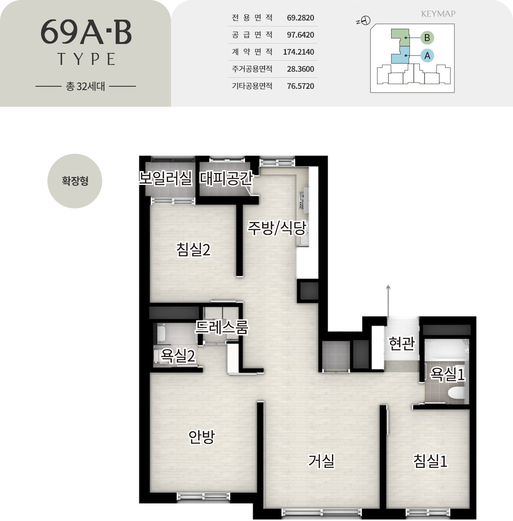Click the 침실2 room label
click(193, 249)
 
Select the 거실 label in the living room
click(321, 461)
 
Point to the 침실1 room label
click(430, 461)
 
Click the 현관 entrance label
click(401, 343)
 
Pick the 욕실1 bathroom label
click(448, 374)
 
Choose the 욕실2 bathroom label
click(178, 356)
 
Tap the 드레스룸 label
click(221, 327)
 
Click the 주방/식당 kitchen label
click(277, 228)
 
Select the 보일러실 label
click(165, 178)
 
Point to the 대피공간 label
click(226, 178)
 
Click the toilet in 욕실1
click(456, 393)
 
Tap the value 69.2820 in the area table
click(301, 18)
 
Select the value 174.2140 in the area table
click(298, 52)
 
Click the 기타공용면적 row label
click(252, 86)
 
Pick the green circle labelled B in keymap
click(427, 38)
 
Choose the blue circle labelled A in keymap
click(427, 56)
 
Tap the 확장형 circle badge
click(75, 181)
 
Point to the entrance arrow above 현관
click(388, 301)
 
